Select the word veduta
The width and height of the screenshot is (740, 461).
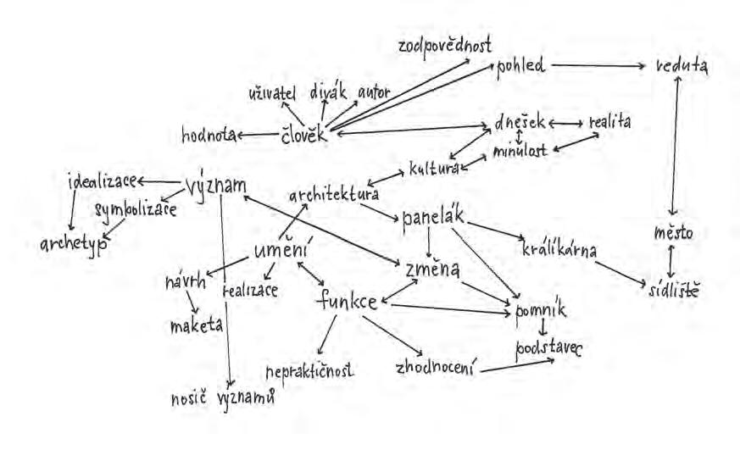coord(681,65)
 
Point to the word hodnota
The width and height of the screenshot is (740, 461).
coord(208,134)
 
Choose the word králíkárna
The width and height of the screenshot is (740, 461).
coord(560,251)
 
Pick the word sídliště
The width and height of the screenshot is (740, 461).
coord(671,290)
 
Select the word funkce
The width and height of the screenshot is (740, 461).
coord(348,303)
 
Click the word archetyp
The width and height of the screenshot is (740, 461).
coord(71,244)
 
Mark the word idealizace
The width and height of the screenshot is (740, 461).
coord(102,181)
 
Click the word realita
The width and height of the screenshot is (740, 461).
coord(609,122)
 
